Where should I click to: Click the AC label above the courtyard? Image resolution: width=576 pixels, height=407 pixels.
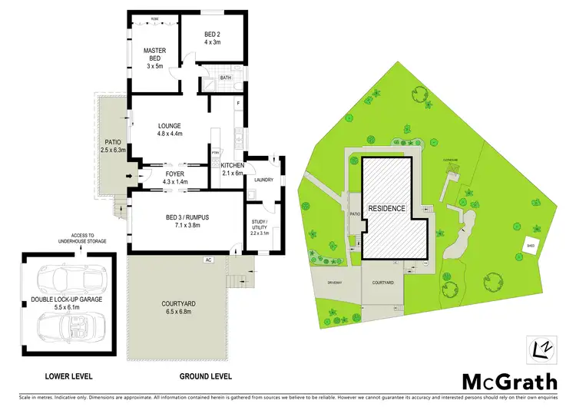tap(207, 260)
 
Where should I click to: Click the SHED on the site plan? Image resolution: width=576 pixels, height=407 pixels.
tap(528, 246)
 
